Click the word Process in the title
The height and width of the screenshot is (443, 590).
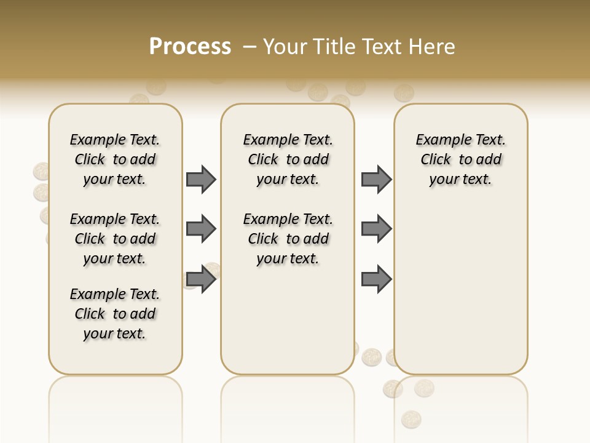pyautogui.click(x=190, y=46)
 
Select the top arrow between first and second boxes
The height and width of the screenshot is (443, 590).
pyautogui.click(x=201, y=179)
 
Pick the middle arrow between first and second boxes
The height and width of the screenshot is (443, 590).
pyautogui.click(x=201, y=229)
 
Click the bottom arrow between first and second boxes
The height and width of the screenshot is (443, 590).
pyautogui.click(x=201, y=279)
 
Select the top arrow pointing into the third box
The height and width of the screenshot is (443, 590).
pyautogui.click(x=376, y=179)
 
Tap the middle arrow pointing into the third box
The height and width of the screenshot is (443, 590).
pyautogui.click(x=376, y=229)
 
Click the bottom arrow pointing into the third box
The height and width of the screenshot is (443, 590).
pyautogui.click(x=376, y=279)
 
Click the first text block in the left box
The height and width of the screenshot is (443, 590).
pyautogui.click(x=115, y=159)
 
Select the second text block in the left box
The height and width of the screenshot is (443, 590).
pyautogui.click(x=115, y=239)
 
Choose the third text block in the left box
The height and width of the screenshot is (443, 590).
pyautogui.click(x=115, y=314)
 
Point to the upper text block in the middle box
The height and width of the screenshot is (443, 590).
pyautogui.click(x=288, y=159)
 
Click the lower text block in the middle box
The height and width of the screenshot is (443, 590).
pyautogui.click(x=288, y=239)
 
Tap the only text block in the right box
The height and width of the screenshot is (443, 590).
pyautogui.click(x=460, y=159)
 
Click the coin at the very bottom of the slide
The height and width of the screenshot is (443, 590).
pyautogui.click(x=411, y=420)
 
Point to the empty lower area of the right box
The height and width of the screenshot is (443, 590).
pyautogui.click(x=460, y=295)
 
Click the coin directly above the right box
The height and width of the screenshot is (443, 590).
pyautogui.click(x=404, y=92)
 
